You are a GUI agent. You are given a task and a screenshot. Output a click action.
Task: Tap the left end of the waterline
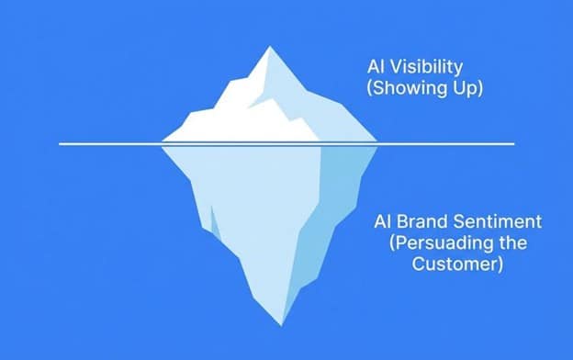click(x=61, y=144)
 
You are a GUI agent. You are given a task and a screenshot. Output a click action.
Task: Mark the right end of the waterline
click(x=512, y=144)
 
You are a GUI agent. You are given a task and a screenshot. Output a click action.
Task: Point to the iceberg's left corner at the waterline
click(x=162, y=143)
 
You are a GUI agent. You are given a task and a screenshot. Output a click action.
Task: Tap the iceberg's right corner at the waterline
click(x=378, y=143)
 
